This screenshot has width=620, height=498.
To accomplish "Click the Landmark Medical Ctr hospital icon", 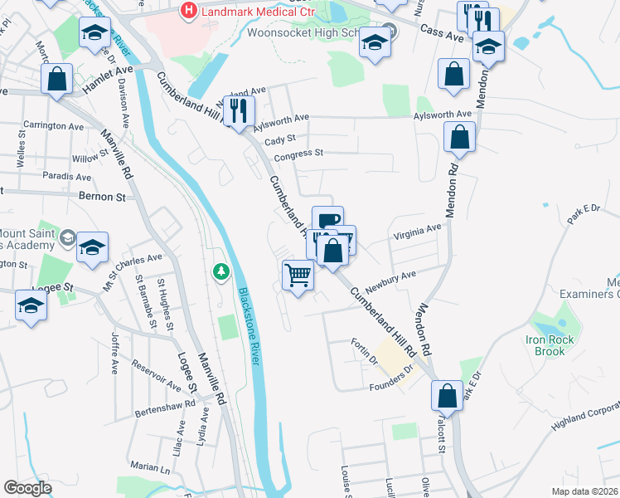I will [189, 11].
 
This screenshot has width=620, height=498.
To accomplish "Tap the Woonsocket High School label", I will [303, 33].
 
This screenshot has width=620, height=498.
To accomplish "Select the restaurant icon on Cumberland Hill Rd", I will [240, 111].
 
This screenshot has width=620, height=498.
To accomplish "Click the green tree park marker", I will [220, 271].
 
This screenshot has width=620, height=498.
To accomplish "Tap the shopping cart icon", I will [298, 275].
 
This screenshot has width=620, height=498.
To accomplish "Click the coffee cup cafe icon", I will [327, 221].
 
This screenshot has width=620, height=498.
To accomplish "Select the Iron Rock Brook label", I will [557, 345].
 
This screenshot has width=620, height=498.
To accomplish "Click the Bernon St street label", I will [102, 198].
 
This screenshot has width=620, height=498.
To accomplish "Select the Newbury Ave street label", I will [397, 278].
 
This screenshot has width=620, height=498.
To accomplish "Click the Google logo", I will [28, 488].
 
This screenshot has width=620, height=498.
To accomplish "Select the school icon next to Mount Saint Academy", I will [93, 247].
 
